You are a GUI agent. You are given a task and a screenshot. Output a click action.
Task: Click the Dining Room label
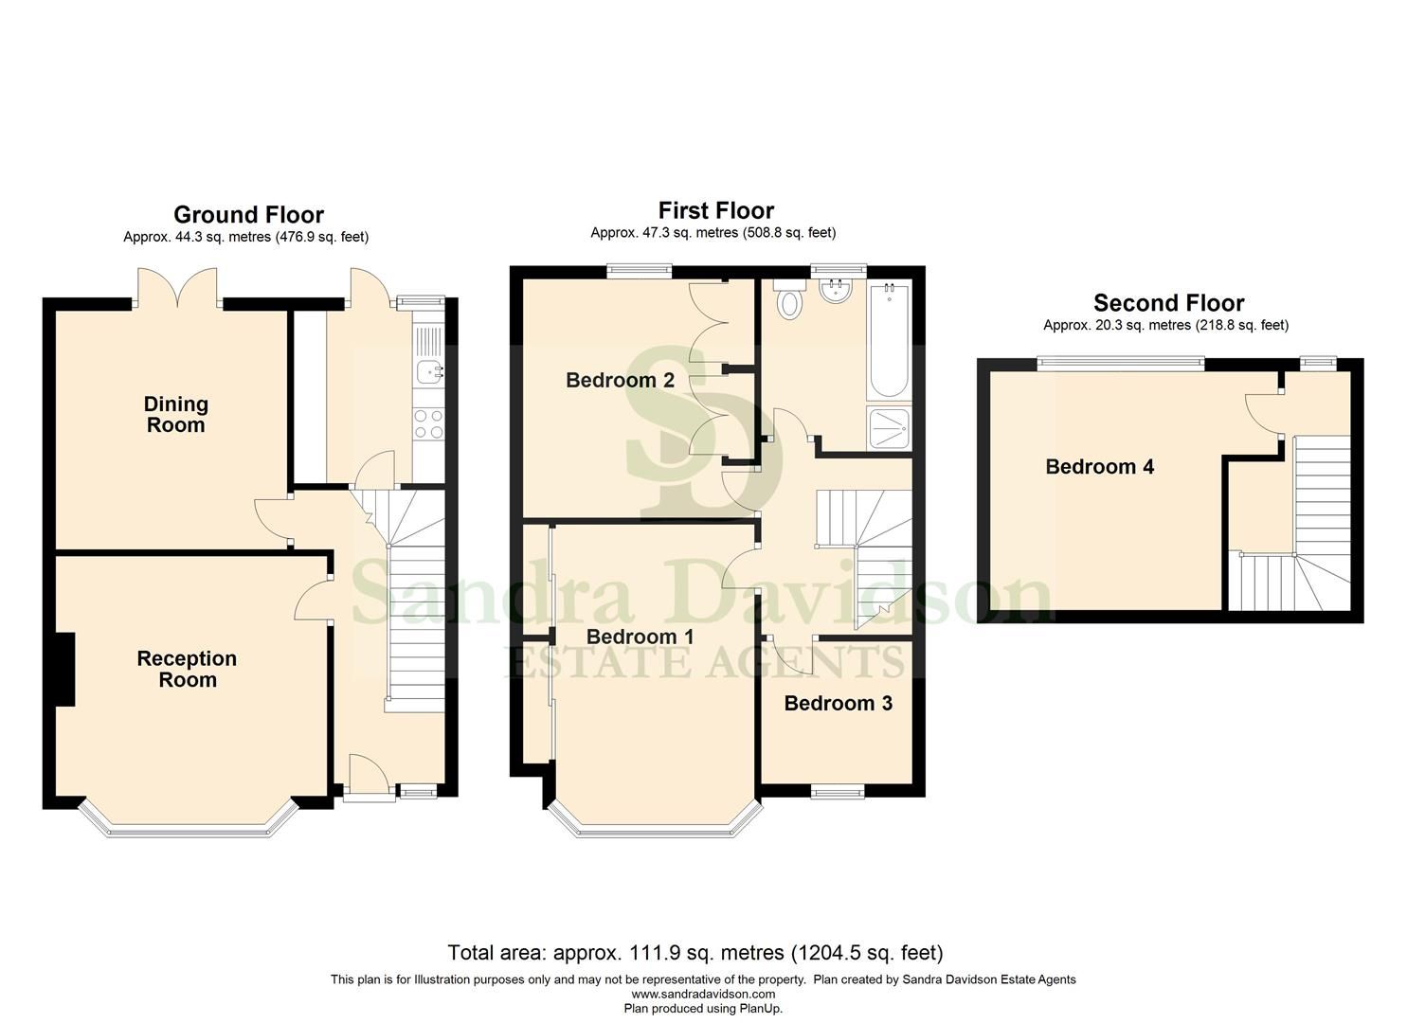coord(175,415)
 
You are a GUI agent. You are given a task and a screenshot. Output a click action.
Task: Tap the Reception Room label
coord(187,669)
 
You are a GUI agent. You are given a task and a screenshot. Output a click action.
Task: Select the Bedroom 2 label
coord(620,381)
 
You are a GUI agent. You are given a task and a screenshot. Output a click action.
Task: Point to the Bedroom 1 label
coord(640,637)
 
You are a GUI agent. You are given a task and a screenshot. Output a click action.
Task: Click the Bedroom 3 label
coord(838,703)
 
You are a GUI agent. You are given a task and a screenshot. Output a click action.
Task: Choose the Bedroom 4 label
coord(1099,466)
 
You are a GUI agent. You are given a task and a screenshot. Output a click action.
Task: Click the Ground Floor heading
coord(248,215)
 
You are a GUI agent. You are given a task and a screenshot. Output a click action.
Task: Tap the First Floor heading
coord(715,210)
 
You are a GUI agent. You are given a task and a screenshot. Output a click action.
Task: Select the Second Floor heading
coord(1168,303)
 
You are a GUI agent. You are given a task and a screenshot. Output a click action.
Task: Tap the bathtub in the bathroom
coord(888,341)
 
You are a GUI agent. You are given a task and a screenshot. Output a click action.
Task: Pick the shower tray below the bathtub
coord(888,428)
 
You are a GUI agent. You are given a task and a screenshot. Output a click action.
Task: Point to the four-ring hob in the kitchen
coord(428,423)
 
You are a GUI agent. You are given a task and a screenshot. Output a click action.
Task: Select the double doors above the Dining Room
coord(176,288)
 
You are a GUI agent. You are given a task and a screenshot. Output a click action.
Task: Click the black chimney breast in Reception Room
coord(63,669)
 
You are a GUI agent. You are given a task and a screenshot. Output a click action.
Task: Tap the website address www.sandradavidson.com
coord(703,994)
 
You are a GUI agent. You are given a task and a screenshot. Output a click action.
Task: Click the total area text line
coord(694,953)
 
